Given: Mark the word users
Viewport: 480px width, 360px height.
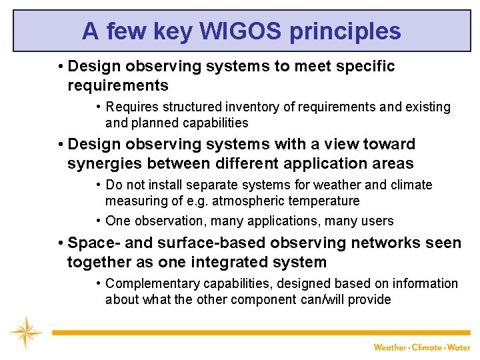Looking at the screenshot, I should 377,221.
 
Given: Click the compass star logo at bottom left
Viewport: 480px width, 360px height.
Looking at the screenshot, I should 25,333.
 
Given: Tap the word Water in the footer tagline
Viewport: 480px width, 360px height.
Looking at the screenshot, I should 459,347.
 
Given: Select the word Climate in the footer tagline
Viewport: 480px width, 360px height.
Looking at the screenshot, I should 427,347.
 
